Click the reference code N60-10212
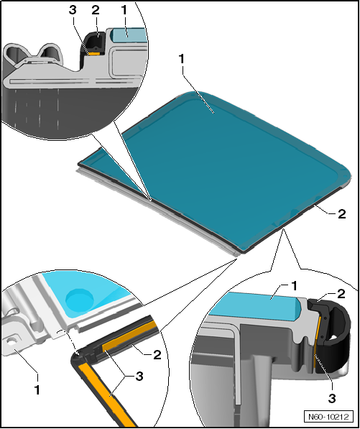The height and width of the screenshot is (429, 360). (x=328, y=417)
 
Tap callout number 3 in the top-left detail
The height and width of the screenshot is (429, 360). (x=73, y=10)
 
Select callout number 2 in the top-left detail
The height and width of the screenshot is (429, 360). (x=96, y=10)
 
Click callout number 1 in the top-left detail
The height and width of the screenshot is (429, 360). (x=124, y=10)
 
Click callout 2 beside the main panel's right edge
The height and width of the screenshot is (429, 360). (x=341, y=214)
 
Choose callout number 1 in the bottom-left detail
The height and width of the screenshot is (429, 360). (x=37, y=389)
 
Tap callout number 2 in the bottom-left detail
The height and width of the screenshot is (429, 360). (x=157, y=355)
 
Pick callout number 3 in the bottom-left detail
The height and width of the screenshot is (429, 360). (x=139, y=377)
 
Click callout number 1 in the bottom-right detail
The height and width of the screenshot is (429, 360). (x=294, y=286)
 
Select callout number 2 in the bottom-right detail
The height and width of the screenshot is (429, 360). (x=341, y=294)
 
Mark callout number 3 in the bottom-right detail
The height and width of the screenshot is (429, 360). (x=332, y=398)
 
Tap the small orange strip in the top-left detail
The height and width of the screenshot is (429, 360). (x=95, y=53)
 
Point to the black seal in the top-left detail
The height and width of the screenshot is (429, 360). (x=93, y=44)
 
